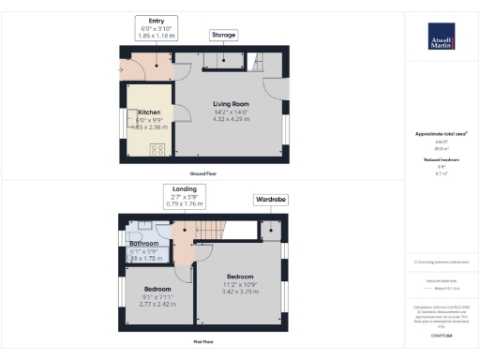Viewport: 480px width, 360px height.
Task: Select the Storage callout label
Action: pyautogui.click(x=223, y=35)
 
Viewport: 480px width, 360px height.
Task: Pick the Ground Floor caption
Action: pyautogui.click(x=202, y=174)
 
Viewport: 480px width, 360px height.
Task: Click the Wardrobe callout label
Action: pyautogui.click(x=271, y=201)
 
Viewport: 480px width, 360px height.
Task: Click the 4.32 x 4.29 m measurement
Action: pyautogui.click(x=229, y=119)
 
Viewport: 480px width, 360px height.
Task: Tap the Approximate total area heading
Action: pyautogui.click(x=441, y=134)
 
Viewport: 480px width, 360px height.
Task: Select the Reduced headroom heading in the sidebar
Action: pyautogui.click(x=441, y=159)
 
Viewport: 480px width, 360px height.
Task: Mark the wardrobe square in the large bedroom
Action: pyautogui.click(x=271, y=231)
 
